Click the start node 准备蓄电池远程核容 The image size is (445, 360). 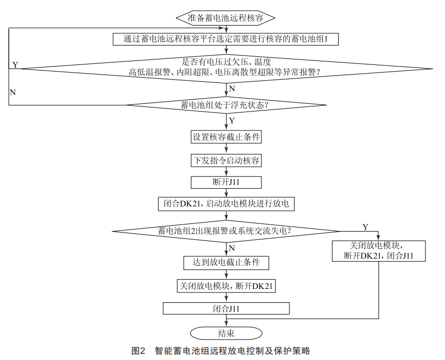226,17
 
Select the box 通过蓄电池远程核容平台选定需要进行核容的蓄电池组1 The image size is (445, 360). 226,38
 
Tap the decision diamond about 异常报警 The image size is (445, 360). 226,67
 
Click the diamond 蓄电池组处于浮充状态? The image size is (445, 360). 226,105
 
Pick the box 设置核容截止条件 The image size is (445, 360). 226,137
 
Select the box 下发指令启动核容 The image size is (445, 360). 226,160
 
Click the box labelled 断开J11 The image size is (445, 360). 226,182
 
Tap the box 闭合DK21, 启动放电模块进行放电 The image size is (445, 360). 226,204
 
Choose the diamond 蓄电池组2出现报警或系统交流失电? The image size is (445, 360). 226,231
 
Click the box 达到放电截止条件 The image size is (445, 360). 226,262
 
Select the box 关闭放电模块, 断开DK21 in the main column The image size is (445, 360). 226,286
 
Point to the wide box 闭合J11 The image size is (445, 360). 226,308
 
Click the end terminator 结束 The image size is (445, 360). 226,333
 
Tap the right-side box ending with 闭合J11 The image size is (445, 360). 379,251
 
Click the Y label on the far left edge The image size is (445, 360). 15,65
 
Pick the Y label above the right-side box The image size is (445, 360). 365,227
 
